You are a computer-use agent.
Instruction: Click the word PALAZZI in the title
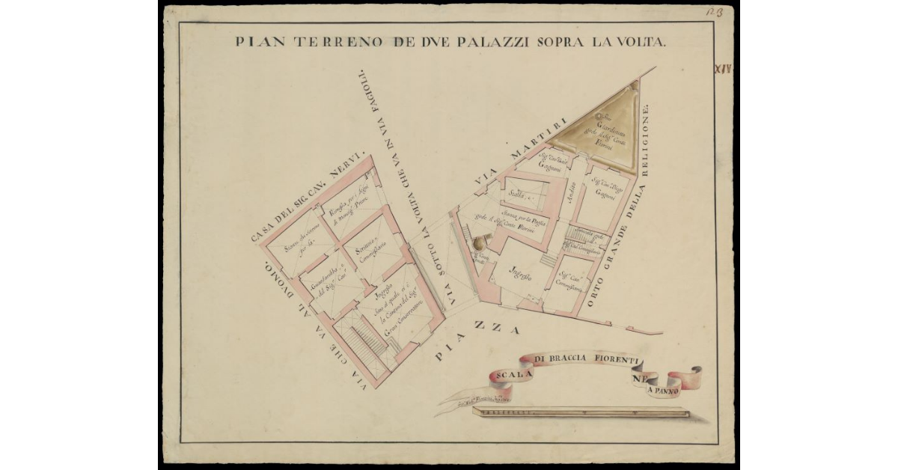[490, 42]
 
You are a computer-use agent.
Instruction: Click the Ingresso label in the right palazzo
[520, 275]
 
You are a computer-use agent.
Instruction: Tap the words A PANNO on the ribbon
[666, 390]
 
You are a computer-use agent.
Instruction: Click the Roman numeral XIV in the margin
[723, 70]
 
